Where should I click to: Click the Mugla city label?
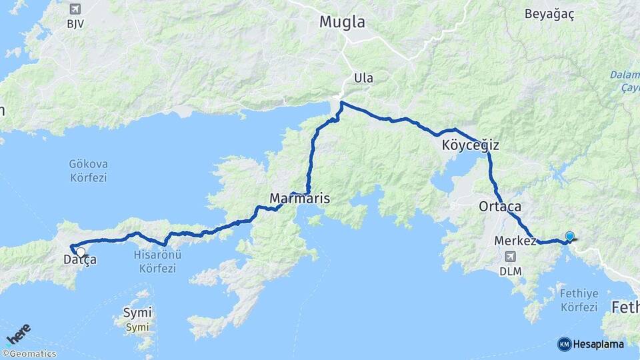(x=342, y=21)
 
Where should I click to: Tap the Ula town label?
(x=363, y=78)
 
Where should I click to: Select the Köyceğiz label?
(x=470, y=145)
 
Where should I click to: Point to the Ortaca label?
(x=499, y=207)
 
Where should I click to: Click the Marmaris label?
(x=299, y=199)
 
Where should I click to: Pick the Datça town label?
(x=79, y=259)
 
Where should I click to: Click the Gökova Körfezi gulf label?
(x=88, y=171)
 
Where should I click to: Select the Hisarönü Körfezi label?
(x=158, y=261)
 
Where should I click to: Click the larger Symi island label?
(x=137, y=312)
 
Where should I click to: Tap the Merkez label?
(x=515, y=241)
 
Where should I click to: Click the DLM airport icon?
(x=511, y=257)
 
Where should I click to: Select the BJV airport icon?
(x=74, y=9)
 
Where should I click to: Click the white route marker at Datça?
(x=81, y=252)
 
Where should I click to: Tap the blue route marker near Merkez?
(x=569, y=236)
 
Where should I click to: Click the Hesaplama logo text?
(x=598, y=344)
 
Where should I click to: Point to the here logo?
(x=18, y=333)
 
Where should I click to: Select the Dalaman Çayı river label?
(x=624, y=81)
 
